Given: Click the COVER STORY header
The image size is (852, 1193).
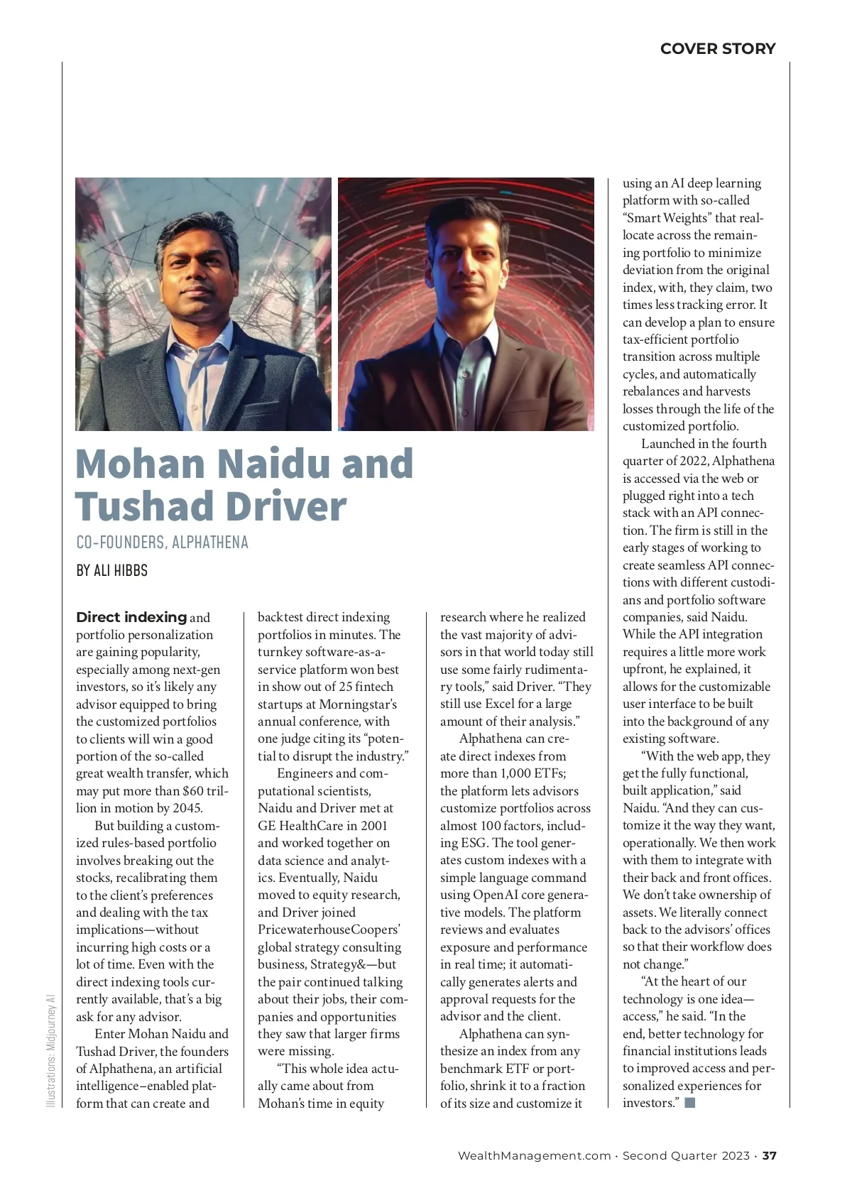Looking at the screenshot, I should pyautogui.click(x=717, y=48).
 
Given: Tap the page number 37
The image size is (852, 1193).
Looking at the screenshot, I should pyautogui.click(x=770, y=1155).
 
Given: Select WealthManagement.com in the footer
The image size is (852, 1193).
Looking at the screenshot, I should pyautogui.click(x=534, y=1155).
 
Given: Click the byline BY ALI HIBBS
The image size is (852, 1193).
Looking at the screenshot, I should pyautogui.click(x=112, y=570).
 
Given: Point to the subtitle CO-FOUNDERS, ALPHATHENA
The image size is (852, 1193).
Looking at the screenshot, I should pyautogui.click(x=162, y=543).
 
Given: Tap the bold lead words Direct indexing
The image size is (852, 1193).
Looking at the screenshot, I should pyautogui.click(x=131, y=617).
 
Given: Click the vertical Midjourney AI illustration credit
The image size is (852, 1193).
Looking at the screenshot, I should pyautogui.click(x=50, y=1050).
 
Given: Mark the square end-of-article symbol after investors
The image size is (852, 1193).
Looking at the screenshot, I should pyautogui.click(x=689, y=1103).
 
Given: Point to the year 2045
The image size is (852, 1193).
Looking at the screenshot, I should pyautogui.click(x=187, y=808).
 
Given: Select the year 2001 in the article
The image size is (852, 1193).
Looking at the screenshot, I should pyautogui.click(x=373, y=825).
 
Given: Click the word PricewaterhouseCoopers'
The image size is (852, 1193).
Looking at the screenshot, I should pyautogui.click(x=329, y=930).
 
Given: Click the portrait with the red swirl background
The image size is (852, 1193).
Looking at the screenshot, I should pyautogui.click(x=466, y=304).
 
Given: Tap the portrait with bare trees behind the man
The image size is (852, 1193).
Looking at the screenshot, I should pyautogui.click(x=203, y=304).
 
